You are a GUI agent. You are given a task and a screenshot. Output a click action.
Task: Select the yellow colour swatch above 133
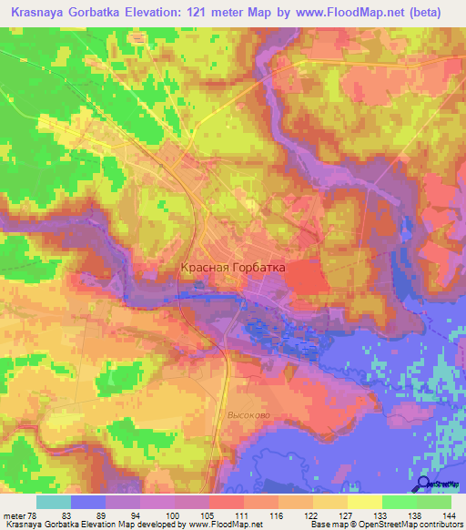pos(364,502)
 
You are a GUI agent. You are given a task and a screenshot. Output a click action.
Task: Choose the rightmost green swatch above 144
pos(434,502)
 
